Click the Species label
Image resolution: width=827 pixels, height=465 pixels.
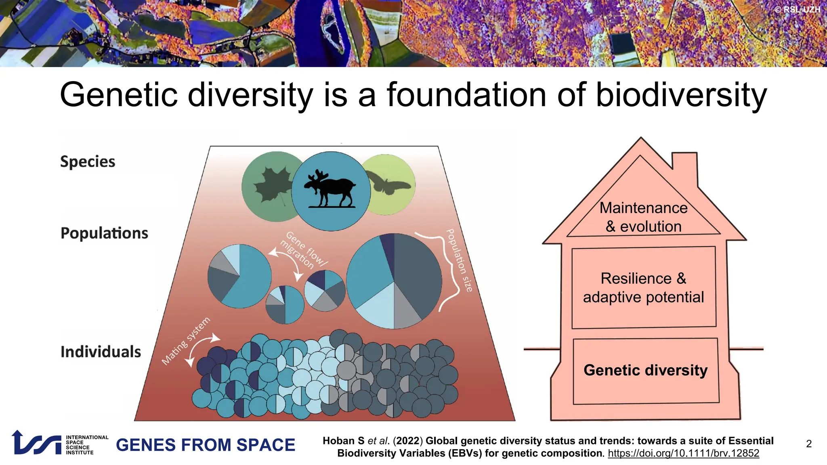88,161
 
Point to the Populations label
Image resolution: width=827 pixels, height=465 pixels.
104,233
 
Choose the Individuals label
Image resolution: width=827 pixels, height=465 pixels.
101,352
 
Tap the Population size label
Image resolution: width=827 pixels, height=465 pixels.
459,260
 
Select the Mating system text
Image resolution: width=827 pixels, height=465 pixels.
186,341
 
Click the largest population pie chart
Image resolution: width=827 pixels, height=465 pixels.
394,281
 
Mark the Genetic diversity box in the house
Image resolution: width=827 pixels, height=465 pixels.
645,371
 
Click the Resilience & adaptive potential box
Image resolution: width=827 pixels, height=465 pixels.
643,287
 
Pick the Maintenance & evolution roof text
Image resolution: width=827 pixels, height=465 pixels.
643,217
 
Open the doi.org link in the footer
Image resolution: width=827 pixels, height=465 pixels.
683,453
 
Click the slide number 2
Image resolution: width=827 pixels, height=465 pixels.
808,444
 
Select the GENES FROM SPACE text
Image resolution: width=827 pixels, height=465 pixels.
206,445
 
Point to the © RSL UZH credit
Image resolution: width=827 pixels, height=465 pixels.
797,9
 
